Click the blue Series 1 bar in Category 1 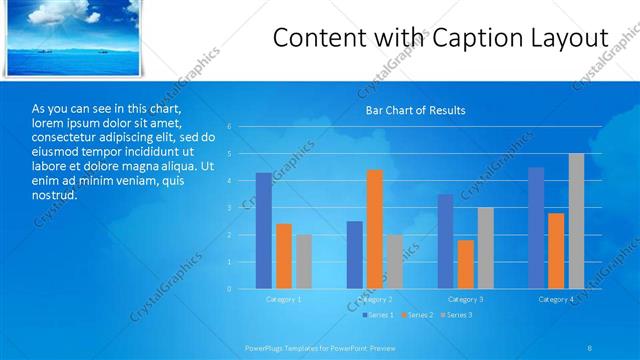tap(263, 231)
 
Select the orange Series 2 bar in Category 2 tap(374, 229)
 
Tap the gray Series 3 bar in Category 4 tap(576, 221)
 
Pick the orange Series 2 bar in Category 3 tap(465, 264)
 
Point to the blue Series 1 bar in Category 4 tap(536, 228)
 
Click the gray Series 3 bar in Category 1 tap(304, 262)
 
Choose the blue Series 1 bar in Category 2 tap(355, 255)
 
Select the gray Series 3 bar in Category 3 tap(485, 248)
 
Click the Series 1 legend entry tap(379, 315)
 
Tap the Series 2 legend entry tap(419, 315)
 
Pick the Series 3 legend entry tap(459, 315)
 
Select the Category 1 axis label tap(284, 299)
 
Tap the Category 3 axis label tap(465, 299)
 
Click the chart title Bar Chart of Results tap(414, 110)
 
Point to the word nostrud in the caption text tap(54, 194)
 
